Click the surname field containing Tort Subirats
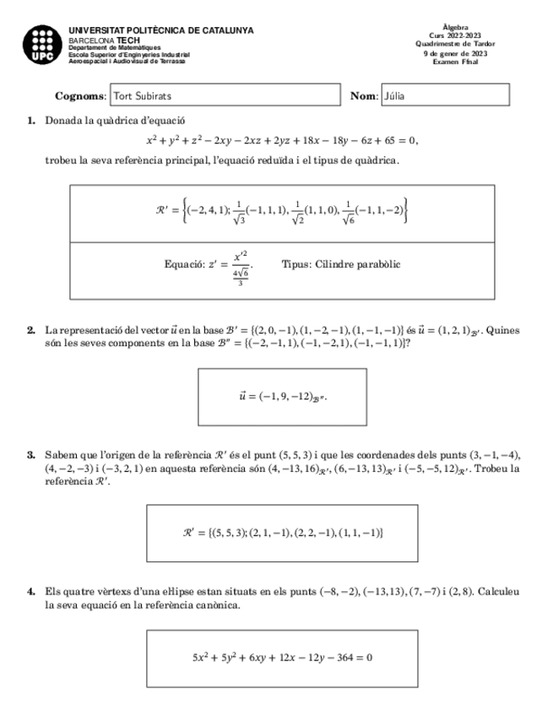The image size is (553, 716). pyautogui.click(x=224, y=96)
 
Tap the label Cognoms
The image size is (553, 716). pyautogui.click(x=80, y=96)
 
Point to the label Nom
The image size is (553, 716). pyautogui.click(x=364, y=96)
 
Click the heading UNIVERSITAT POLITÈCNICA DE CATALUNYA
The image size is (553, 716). pyautogui.click(x=160, y=30)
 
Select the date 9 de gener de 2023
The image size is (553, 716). pyautogui.click(x=455, y=53)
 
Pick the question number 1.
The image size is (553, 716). pyautogui.click(x=31, y=121)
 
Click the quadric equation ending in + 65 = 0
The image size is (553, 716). pyautogui.click(x=282, y=140)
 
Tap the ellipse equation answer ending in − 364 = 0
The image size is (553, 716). pyautogui.click(x=282, y=656)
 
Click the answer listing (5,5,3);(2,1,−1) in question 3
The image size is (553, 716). pyautogui.click(x=283, y=533)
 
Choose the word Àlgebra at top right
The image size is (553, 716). pyautogui.click(x=455, y=28)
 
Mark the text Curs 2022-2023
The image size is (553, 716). pyautogui.click(x=455, y=36)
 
